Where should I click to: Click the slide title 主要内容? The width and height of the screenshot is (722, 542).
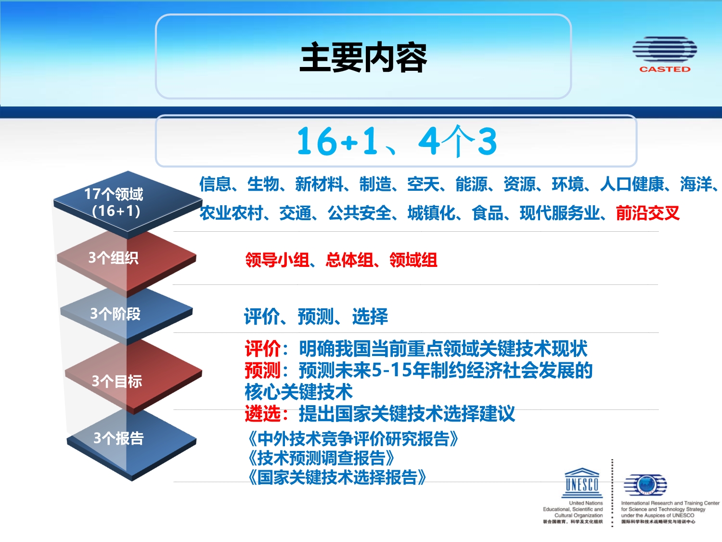363,57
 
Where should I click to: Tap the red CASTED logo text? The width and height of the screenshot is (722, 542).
665,69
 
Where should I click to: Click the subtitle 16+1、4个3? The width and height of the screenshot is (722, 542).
396,141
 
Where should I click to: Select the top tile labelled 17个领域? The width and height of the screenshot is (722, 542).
128,204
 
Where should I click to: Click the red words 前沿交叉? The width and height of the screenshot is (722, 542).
647,213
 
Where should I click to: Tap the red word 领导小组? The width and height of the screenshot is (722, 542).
277,260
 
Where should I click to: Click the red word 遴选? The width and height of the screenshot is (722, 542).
263,414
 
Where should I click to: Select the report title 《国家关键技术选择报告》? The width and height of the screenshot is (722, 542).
337,477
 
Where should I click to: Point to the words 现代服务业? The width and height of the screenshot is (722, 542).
559,213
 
